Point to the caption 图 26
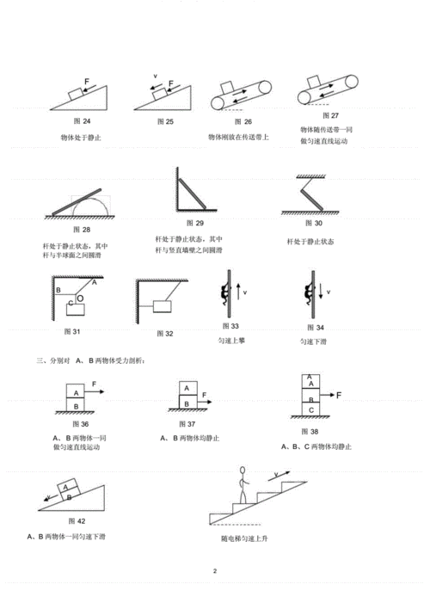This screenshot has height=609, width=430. pyautogui.click(x=243, y=122)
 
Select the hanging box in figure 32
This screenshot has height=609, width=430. pyautogui.click(x=163, y=307)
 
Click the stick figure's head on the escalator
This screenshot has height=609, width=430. pyautogui.click(x=243, y=471)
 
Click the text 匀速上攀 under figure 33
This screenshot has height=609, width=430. pyautogui.click(x=230, y=341)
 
